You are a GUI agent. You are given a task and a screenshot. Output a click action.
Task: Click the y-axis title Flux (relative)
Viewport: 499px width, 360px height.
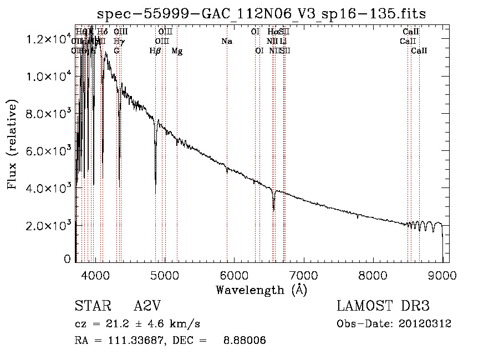(12, 144)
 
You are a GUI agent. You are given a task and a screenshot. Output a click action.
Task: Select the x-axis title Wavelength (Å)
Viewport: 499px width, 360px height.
(261, 289)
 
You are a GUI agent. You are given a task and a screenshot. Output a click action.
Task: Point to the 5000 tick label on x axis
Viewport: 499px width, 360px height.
(165, 274)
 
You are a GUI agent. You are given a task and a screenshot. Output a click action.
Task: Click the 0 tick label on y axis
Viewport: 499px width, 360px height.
(67, 259)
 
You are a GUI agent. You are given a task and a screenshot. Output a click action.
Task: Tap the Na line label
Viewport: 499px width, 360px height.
(226, 42)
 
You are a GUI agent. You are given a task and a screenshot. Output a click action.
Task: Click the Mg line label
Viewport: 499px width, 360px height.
(177, 51)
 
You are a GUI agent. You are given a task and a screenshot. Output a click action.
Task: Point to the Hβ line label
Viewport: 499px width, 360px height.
(155, 51)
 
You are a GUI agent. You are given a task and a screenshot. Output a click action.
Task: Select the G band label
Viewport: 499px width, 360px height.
(116, 51)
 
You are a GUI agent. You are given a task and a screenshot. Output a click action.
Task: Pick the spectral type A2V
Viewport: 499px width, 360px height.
(147, 306)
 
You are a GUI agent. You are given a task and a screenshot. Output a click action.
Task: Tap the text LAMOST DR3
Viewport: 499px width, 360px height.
(383, 306)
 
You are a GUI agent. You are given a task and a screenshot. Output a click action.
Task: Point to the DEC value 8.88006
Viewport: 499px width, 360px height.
(243, 340)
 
